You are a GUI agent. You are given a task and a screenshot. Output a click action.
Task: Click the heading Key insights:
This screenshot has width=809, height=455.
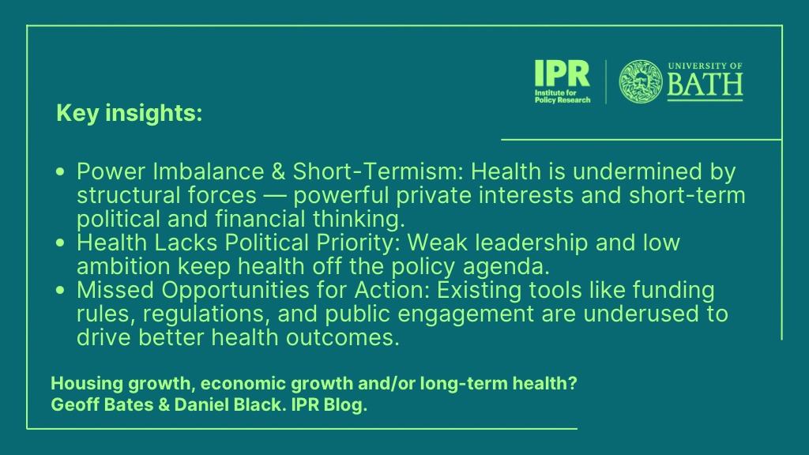(x=129, y=113)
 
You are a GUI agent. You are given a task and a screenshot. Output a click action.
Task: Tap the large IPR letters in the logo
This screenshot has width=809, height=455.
(x=562, y=73)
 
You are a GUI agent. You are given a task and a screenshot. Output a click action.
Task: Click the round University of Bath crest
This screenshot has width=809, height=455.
(x=640, y=81)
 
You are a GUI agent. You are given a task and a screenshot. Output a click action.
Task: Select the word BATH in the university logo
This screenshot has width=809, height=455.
(x=705, y=85)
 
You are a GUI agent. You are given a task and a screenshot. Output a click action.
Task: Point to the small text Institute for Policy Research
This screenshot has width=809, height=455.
(x=563, y=96)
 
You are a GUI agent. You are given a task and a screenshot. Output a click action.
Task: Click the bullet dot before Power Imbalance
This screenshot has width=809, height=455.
(x=60, y=171)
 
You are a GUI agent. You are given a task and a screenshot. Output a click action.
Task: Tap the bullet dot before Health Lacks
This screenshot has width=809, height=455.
(x=60, y=243)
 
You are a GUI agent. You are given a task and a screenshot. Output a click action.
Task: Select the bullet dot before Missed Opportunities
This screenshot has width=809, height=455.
(x=60, y=290)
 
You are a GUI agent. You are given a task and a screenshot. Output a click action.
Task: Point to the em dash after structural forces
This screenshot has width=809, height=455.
(x=275, y=196)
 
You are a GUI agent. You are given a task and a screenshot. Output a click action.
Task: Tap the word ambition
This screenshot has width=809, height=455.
(x=123, y=267)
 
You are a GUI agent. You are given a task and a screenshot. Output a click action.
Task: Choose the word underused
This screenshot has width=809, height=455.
(x=648, y=314)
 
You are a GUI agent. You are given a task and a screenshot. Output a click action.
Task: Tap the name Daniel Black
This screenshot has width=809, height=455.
(x=230, y=404)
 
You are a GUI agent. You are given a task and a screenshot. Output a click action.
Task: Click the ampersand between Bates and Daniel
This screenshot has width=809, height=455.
(x=164, y=405)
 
